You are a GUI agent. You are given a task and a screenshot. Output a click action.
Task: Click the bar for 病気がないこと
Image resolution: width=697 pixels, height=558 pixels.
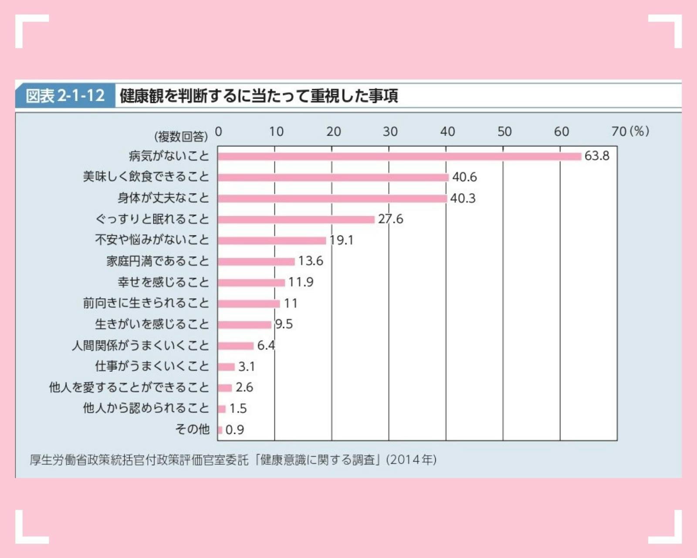coord(399,157)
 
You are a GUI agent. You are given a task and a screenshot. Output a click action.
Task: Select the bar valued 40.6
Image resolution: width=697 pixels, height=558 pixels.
coord(333,177)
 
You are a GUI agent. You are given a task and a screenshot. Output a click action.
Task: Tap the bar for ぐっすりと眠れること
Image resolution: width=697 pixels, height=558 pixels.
coord(296,219)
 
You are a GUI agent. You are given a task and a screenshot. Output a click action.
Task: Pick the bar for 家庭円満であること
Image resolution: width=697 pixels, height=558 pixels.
coord(257,262)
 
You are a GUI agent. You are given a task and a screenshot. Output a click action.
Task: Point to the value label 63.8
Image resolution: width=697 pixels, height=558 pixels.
coord(597,156)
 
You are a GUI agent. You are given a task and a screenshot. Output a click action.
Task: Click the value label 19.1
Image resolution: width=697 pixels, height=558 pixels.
coord(342,240)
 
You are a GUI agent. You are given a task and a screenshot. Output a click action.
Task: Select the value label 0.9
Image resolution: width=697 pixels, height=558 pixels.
coord(235,430)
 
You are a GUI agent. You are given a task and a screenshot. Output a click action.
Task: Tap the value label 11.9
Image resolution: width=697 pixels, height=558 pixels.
coord(301,282)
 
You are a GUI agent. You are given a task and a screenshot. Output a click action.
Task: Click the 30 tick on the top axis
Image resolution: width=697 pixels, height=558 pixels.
coord(390,131)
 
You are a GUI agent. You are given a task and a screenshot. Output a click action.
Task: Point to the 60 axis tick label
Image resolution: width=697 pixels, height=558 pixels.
coord(561,131)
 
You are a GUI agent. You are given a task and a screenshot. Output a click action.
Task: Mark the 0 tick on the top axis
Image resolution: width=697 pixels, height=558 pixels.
coord(219,131)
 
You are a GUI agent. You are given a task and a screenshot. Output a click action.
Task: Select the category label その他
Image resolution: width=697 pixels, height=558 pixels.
coord(192,429)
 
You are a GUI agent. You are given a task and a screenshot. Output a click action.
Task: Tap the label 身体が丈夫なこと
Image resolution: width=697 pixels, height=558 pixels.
coord(163,198)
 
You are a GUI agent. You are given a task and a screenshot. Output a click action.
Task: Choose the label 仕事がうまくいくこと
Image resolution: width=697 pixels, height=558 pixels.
coord(152,366)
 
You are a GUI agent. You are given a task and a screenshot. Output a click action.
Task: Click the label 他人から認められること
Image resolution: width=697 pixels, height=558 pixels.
coord(146,408)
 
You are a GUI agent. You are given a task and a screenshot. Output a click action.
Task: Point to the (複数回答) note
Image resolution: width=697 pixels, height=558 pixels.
coord(181,137)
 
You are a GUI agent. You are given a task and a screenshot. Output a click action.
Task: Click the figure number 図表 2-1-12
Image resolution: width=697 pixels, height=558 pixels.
coord(65,95)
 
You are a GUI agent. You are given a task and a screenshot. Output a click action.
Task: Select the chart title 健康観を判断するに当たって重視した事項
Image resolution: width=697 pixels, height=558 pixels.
coord(259,96)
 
